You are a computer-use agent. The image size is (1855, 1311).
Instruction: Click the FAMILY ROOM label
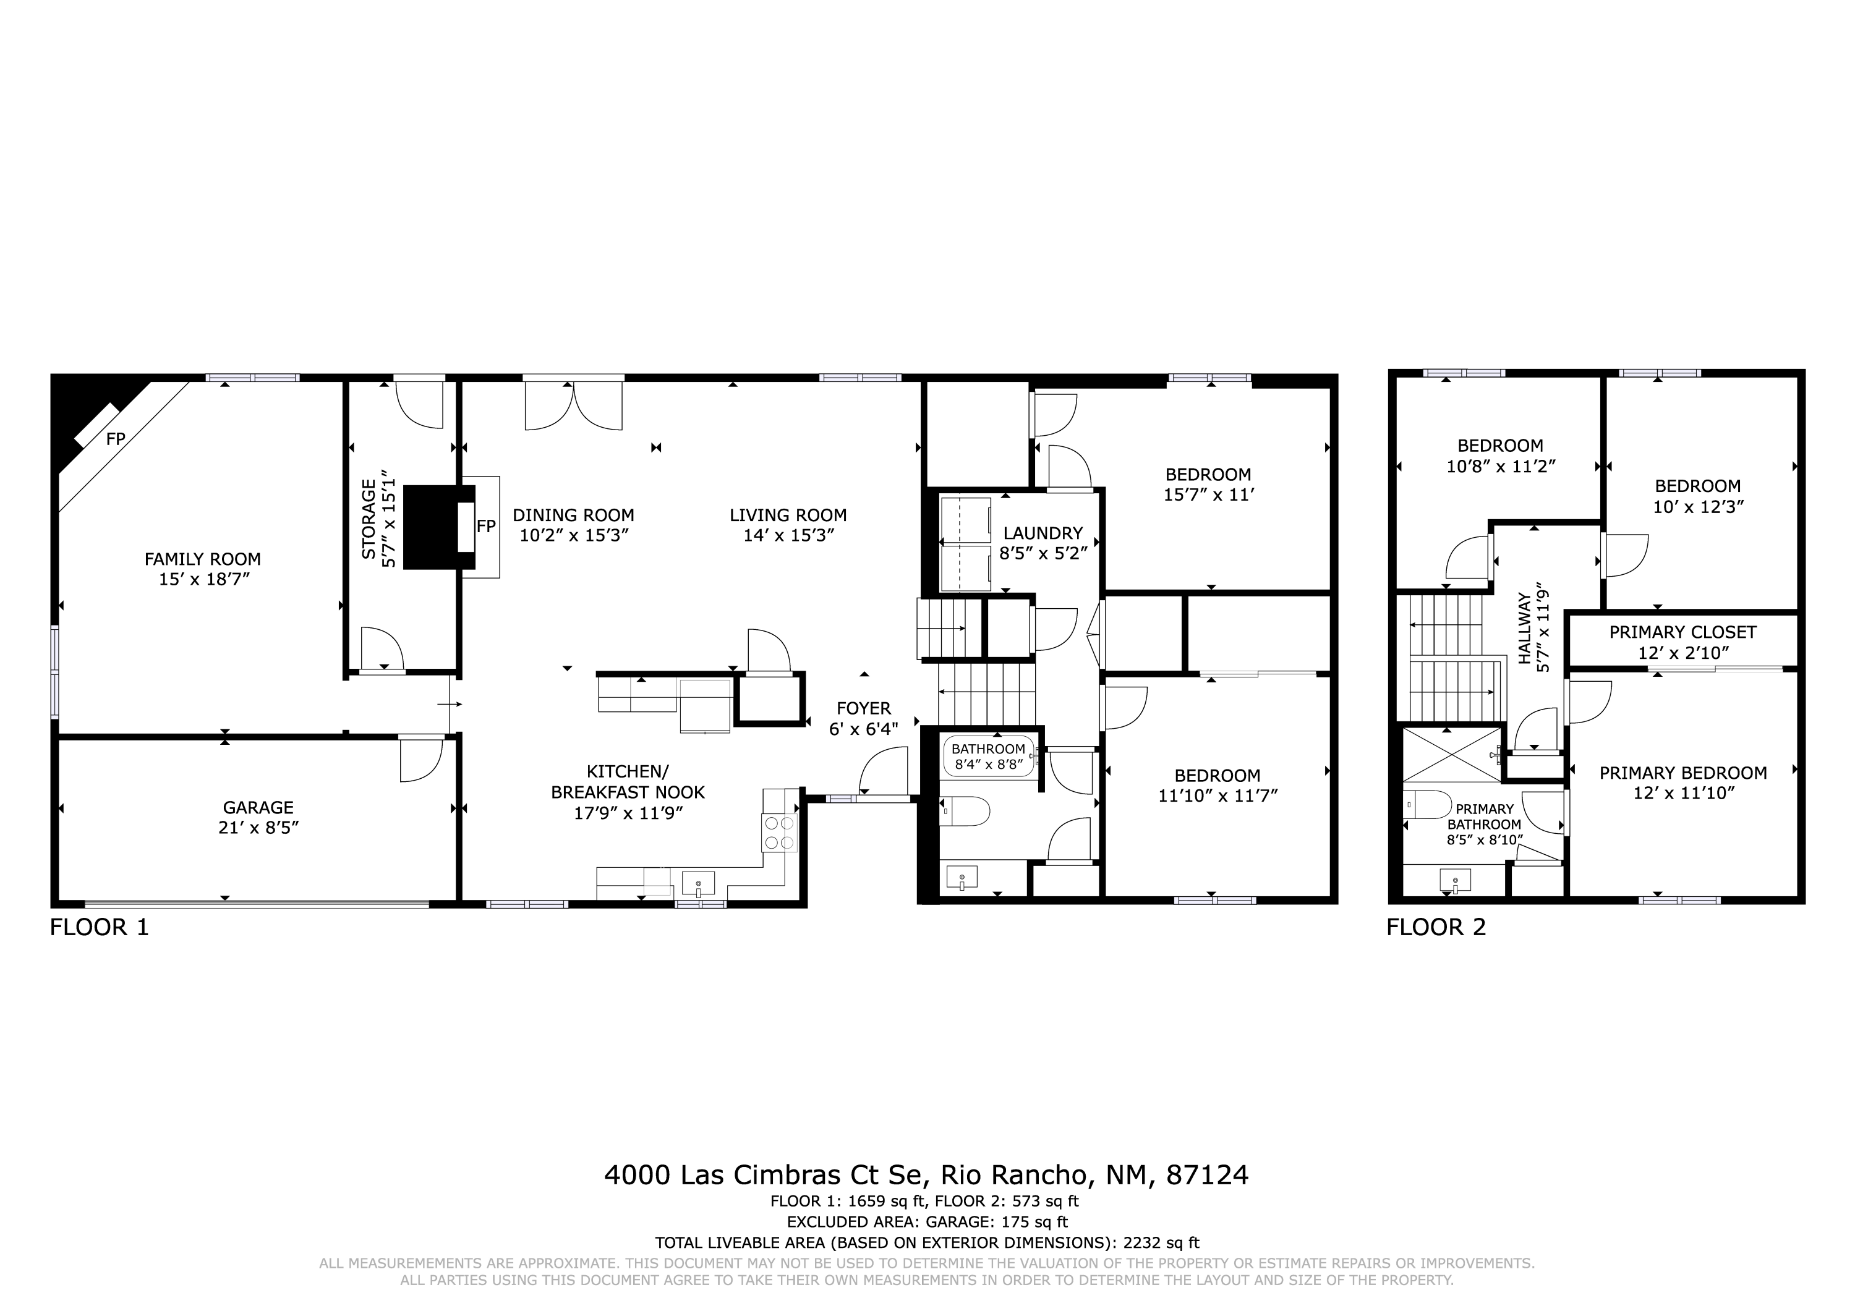coord(203,559)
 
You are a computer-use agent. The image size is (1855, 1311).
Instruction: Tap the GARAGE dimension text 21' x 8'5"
coord(258,828)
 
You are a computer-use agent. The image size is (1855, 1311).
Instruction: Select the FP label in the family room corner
coord(116,439)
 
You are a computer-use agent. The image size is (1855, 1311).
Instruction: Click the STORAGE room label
coord(369,519)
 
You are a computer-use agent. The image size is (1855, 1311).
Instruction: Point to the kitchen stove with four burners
coord(779,833)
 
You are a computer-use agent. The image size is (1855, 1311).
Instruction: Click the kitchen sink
coord(698,883)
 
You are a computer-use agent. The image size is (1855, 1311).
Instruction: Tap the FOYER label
coord(864,708)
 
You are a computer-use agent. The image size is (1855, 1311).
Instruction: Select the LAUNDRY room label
coord(1043,533)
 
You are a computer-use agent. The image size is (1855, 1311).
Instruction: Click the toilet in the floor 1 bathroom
coord(965,812)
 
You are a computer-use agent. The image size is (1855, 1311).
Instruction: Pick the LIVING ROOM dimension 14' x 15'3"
coord(788,535)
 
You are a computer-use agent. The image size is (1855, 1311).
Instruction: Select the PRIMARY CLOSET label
coord(1683,632)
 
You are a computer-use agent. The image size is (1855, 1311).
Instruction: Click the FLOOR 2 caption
coord(1436,927)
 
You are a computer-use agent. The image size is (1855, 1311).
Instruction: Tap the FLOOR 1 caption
coord(100,927)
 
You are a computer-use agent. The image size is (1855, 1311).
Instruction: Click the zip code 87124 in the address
coord(1207,1174)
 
